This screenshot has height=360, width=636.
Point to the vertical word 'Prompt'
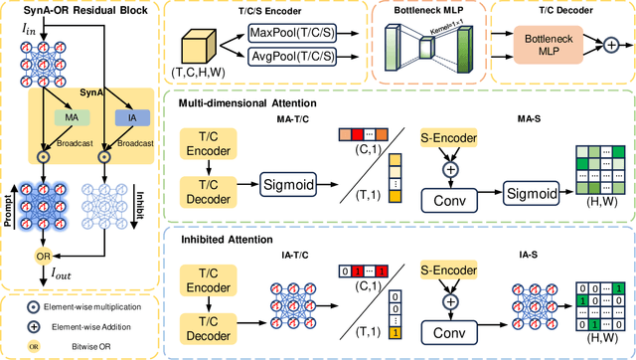click(8, 193)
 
